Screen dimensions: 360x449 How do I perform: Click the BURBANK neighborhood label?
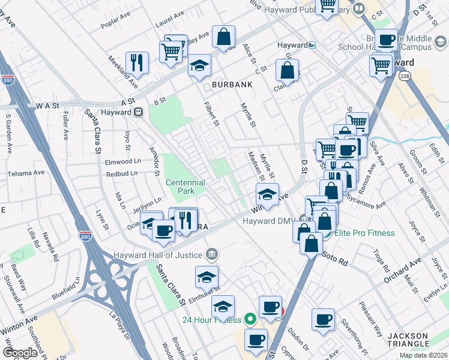click(231, 85)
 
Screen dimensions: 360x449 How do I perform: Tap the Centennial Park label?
click(185, 187)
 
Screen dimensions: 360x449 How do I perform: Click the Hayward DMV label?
click(267, 221)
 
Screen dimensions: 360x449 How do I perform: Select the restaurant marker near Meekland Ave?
click(137, 63)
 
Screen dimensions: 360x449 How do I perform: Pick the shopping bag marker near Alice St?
click(223, 38)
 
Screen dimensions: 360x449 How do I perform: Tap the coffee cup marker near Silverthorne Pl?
click(323, 319)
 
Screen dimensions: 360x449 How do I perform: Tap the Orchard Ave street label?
click(403, 265)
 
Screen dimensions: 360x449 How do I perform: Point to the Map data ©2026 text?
click(423, 355)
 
